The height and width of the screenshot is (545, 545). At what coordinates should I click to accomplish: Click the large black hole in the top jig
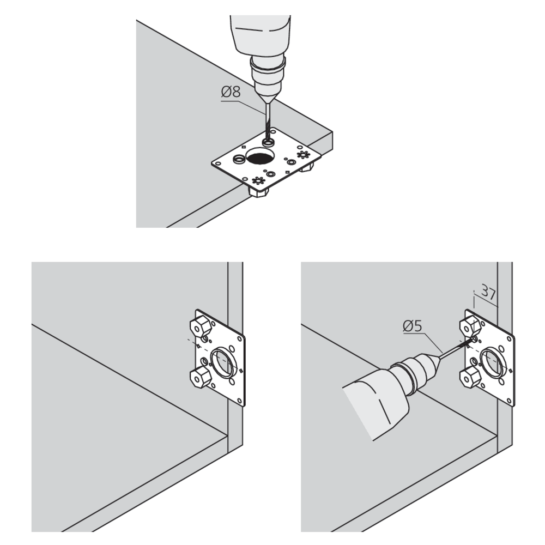coord(260,158)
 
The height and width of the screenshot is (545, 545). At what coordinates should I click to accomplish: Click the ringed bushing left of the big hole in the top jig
coord(238,159)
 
